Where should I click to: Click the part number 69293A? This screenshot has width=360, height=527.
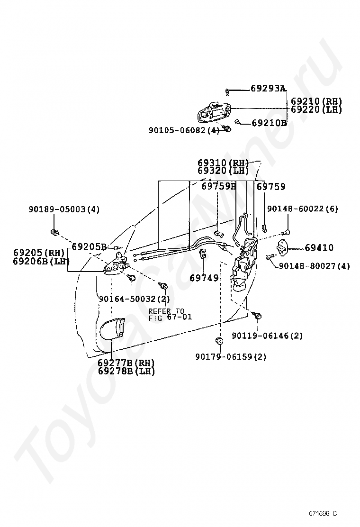click(x=268, y=88)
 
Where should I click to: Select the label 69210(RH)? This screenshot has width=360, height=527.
click(x=316, y=101)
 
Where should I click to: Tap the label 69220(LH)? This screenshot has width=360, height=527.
click(x=316, y=109)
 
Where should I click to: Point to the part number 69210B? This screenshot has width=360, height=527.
click(x=269, y=123)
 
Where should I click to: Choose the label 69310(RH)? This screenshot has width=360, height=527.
click(x=224, y=163)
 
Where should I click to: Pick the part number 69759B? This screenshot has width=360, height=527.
click(x=218, y=187)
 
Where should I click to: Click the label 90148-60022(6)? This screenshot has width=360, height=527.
click(x=303, y=209)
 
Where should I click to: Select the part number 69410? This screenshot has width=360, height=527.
click(x=319, y=247)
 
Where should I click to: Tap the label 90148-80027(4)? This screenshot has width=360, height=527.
click(x=314, y=266)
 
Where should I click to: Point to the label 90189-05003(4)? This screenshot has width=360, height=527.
click(x=64, y=209)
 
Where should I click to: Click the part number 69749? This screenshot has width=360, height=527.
click(x=204, y=278)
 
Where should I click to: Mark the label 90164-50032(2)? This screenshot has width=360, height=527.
click(x=134, y=299)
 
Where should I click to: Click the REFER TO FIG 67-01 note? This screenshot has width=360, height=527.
click(x=171, y=314)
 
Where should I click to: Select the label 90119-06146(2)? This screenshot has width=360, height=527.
click(x=268, y=336)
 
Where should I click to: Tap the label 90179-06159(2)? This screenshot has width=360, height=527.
click(x=231, y=357)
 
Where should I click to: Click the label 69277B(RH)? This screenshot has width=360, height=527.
click(x=126, y=363)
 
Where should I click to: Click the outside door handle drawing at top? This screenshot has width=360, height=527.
click(x=213, y=113)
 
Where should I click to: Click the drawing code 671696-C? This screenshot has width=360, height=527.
click(x=323, y=513)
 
